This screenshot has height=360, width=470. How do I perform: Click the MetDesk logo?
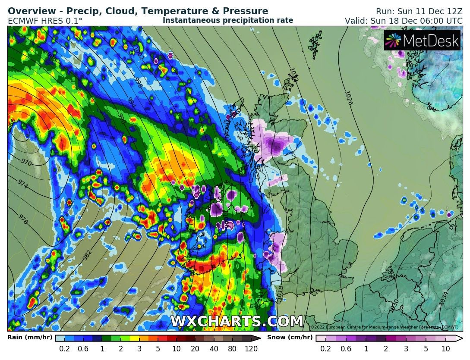(422, 41)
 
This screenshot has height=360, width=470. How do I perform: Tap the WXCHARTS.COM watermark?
(237, 322)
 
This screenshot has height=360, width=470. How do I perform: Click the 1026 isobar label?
(349, 98)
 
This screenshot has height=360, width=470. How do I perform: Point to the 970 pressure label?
(26, 163)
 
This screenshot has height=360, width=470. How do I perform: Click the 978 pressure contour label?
(23, 219)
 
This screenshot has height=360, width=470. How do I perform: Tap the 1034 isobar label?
(445, 297)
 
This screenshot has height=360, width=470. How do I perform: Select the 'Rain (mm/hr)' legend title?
(30, 338)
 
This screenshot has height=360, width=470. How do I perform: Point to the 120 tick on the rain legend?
(251, 349)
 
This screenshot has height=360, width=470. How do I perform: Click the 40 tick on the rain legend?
(214, 349)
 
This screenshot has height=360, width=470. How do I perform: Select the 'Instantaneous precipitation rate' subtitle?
(228, 20)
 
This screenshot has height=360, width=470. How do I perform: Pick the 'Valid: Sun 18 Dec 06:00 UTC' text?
(404, 21)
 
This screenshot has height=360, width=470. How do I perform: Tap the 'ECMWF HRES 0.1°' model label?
(45, 21)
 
